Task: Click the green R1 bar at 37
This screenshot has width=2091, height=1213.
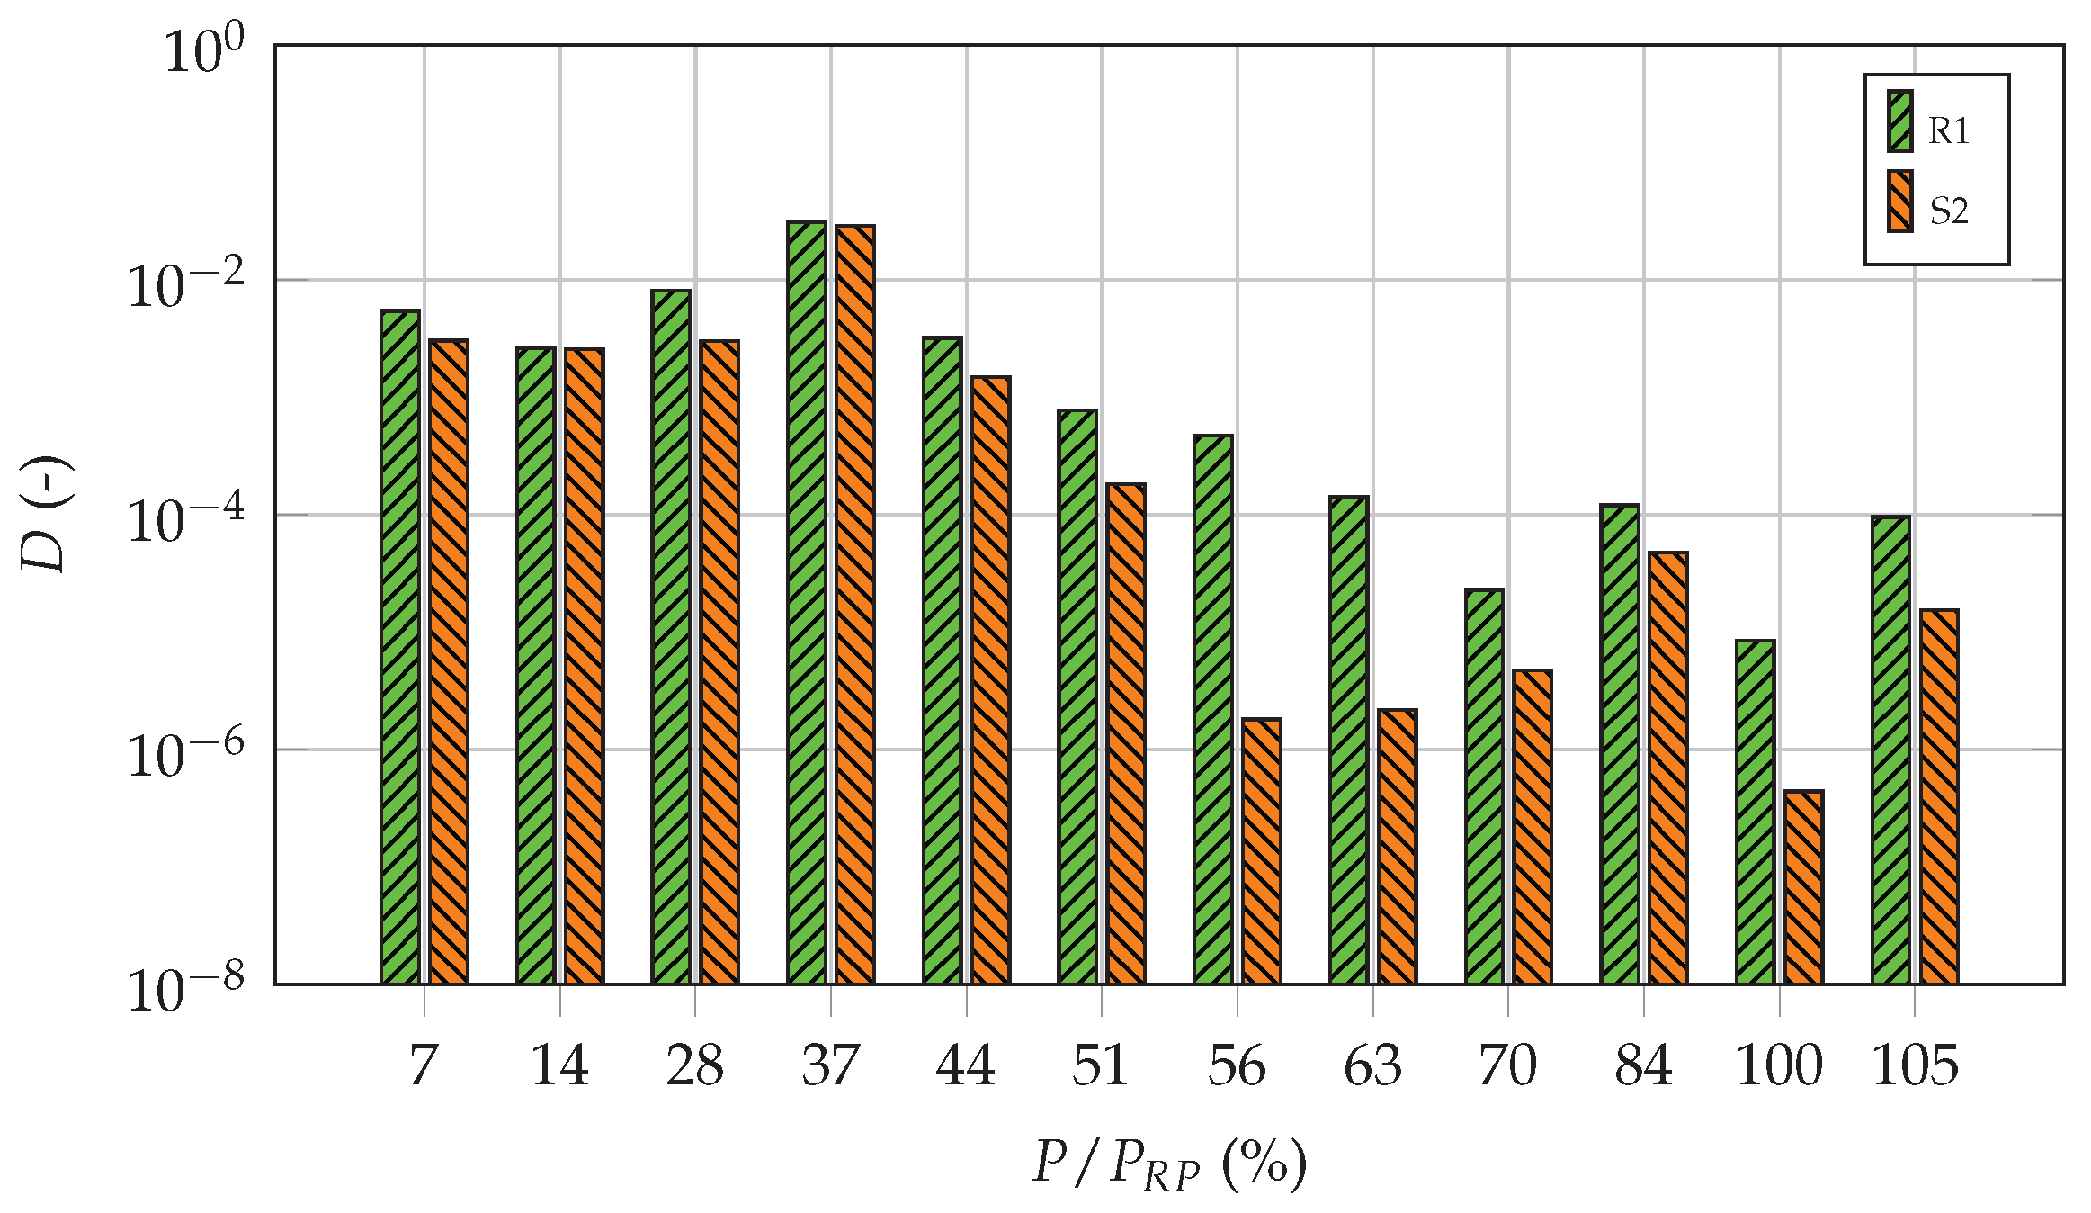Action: coord(807,602)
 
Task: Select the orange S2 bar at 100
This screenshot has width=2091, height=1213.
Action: coord(1803,886)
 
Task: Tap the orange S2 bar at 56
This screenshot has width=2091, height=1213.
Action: coord(1261,850)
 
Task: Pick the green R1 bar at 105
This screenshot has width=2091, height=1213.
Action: coord(1890,750)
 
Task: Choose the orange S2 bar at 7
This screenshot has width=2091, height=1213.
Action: coord(449,661)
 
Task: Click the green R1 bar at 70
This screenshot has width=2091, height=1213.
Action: coord(1484,786)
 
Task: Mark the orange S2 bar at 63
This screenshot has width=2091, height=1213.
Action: coord(1397,846)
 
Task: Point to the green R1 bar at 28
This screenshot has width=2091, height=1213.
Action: coord(671,636)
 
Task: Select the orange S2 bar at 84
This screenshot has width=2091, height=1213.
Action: coord(1667,768)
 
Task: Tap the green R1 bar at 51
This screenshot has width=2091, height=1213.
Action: coord(1077,696)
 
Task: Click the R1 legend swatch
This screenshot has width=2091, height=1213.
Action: coord(1899,121)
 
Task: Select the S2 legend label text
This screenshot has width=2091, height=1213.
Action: coord(1949,211)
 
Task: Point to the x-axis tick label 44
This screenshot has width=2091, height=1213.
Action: coord(966,1066)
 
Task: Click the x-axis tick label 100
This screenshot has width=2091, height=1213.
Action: coord(1779,1066)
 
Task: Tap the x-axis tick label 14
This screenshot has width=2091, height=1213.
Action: coord(559,1066)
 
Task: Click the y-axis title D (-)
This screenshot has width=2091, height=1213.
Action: coord(45,515)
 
